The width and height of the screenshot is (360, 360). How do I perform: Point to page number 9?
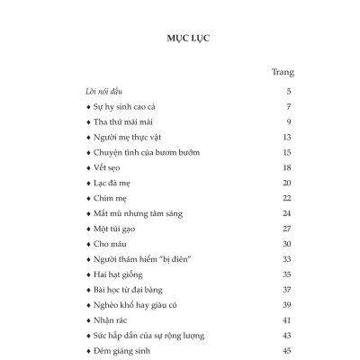[x=287, y=121]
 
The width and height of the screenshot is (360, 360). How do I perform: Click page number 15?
[x=285, y=152]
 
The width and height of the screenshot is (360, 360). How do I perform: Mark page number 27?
[x=285, y=228]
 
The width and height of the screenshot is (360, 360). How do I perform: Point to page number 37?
[x=285, y=288]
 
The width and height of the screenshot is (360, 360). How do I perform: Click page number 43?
[x=285, y=334]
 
